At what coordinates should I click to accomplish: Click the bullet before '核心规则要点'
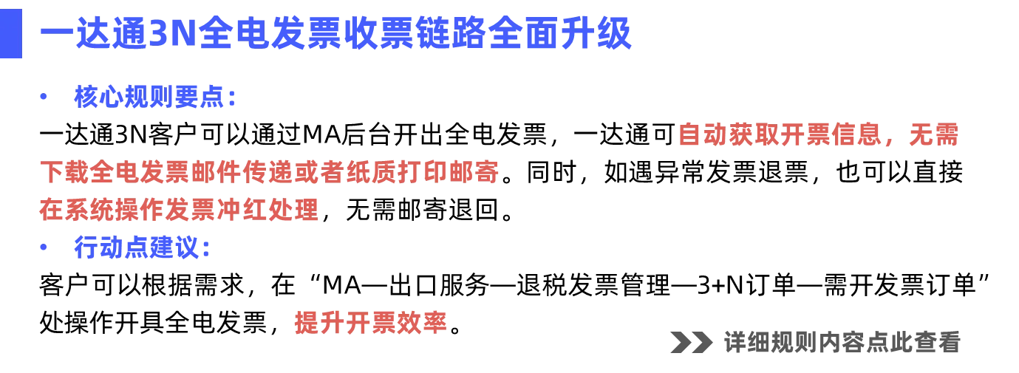(42, 97)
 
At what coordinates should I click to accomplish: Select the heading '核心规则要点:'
(155, 98)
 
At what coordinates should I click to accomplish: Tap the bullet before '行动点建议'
(42, 247)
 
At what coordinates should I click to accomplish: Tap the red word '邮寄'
(481, 173)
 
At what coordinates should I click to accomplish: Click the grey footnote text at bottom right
(816, 343)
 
